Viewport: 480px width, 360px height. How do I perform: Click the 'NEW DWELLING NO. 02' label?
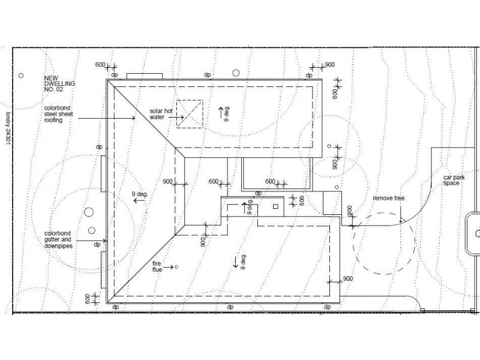point(59,83)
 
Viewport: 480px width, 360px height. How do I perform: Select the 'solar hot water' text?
point(161,114)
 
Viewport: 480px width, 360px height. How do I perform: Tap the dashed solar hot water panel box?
point(190,114)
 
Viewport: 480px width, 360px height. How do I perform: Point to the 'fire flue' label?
point(157,266)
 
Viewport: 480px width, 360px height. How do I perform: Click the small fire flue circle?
point(176,267)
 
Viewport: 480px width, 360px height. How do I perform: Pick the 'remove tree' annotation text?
point(388,198)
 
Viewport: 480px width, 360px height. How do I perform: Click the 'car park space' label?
point(454,181)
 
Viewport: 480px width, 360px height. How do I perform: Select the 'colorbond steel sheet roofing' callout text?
point(59,114)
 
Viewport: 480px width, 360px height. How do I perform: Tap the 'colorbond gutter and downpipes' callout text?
point(58,239)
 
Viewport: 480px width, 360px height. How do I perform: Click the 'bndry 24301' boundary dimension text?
point(8,128)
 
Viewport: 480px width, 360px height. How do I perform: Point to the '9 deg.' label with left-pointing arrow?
point(140,197)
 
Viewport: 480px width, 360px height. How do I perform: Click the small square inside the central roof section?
point(275,206)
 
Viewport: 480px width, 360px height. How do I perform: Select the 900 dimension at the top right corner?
point(329,65)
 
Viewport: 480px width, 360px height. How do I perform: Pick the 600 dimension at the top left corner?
point(100,65)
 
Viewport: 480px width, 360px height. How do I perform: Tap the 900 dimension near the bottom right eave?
point(348,278)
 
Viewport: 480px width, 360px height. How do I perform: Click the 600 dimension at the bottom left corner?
point(88,299)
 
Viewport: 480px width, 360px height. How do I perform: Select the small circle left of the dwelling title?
point(21,76)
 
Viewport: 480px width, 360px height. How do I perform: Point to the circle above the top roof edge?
point(236,73)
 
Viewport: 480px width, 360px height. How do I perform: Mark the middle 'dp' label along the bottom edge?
point(230,307)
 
